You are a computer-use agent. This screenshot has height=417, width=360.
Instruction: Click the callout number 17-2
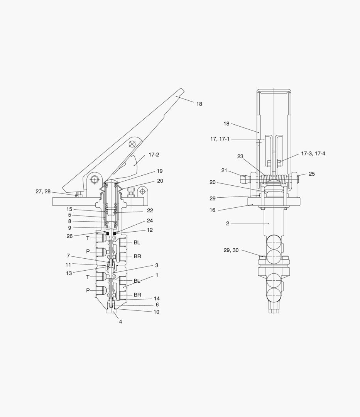154,155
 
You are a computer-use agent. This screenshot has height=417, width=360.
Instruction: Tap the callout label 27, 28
43,192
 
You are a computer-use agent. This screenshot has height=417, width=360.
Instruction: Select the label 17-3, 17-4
313,153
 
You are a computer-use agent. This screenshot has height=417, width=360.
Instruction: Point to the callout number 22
150,210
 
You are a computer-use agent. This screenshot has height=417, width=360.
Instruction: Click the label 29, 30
231,250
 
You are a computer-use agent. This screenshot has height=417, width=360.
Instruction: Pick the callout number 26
69,236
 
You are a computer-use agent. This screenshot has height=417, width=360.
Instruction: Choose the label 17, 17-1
220,139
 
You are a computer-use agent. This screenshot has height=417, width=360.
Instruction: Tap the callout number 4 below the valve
120,322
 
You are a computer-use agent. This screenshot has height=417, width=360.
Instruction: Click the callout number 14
157,298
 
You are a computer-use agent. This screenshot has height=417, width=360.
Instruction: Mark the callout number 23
240,156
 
